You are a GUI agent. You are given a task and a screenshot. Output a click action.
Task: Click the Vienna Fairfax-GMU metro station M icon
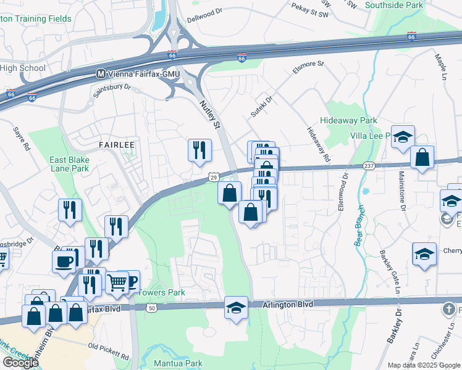click(x=101, y=73)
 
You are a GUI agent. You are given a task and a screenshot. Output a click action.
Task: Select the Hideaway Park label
click(x=348, y=121)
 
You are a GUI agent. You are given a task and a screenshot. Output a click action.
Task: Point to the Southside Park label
click(x=394, y=5)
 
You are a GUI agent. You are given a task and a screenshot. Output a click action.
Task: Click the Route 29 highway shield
click(x=212, y=177)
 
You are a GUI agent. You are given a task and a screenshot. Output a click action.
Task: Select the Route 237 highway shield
click(x=369, y=166)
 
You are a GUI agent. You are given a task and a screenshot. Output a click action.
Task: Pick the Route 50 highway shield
click(x=153, y=307)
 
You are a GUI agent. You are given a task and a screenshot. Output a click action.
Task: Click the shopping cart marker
click(x=117, y=283)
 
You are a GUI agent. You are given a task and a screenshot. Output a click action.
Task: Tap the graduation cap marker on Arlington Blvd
click(x=236, y=307)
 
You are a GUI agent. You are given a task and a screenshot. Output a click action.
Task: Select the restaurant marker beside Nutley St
click(x=199, y=150)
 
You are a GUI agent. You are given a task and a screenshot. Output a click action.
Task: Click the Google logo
click(x=20, y=363)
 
